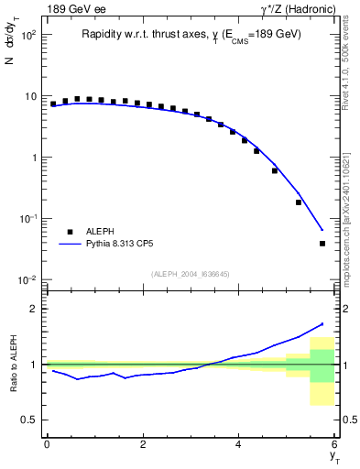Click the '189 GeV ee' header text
click(73, 9)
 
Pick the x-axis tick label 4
click(239, 444)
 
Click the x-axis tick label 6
click(335, 444)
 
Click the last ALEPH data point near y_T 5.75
click(322, 244)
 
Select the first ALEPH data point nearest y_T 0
click(53, 104)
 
